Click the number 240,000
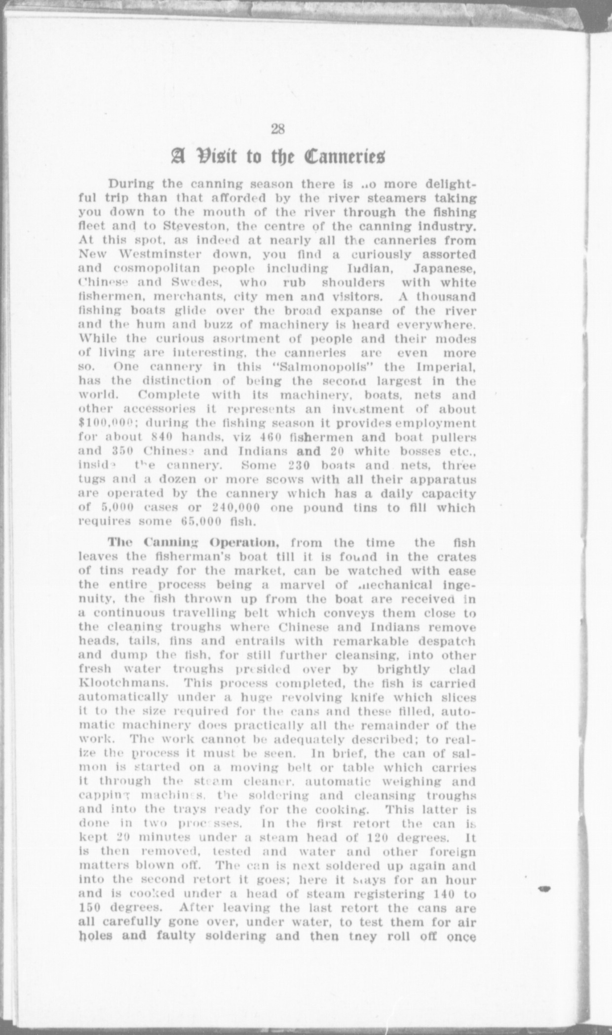point(236,508)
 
